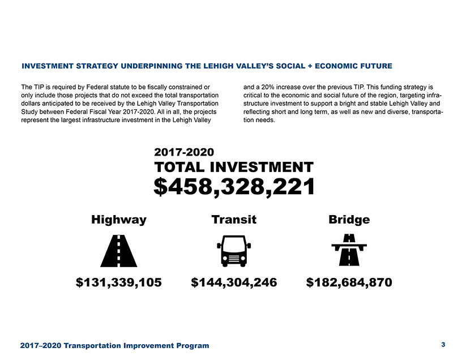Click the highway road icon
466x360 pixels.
118,250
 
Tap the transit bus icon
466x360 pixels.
234,251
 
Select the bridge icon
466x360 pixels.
349,250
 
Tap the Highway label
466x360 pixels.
119,219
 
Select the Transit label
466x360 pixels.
234,219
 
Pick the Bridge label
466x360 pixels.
349,219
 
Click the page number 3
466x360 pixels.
443,344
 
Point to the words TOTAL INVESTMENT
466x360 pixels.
234,167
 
